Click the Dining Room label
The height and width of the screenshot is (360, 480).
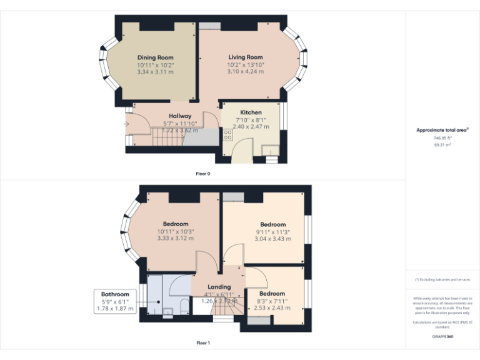point(156,57)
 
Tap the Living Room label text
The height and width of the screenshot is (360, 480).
point(245,57)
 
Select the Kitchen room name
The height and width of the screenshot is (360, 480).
point(251,112)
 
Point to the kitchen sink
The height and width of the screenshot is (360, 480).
point(270,149)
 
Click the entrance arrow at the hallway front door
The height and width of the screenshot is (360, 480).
point(127,124)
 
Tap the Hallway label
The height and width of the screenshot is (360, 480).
point(180,116)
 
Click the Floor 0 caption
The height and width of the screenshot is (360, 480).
point(202,173)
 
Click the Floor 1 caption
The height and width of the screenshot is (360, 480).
point(202,342)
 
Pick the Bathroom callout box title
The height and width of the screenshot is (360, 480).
point(115,294)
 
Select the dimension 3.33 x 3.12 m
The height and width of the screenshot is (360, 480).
point(176,238)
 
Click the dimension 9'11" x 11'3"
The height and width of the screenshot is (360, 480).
point(273,232)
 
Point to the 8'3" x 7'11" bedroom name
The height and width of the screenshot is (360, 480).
point(272,294)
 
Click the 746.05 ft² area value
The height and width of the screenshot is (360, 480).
point(442,137)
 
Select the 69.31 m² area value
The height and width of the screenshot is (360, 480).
point(442,144)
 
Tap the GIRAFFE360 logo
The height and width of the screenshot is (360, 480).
point(442,336)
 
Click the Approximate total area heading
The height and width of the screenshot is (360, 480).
point(442,130)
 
